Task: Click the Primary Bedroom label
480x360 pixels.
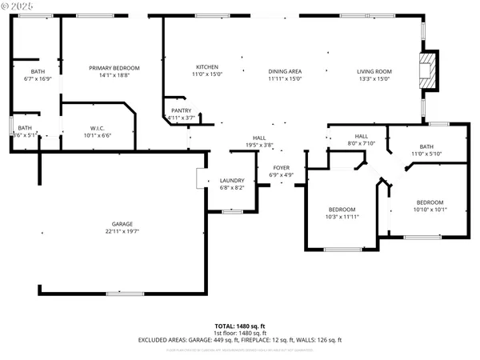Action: pyautogui.click(x=114, y=68)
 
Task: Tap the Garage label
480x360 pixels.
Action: pyautogui.click(x=122, y=223)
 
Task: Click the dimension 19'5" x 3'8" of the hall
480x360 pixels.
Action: pyautogui.click(x=258, y=144)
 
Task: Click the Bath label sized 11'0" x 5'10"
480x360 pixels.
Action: pyautogui.click(x=426, y=146)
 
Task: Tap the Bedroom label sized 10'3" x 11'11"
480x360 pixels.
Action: pyautogui.click(x=342, y=209)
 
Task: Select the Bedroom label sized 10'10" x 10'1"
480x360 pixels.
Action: pyautogui.click(x=430, y=202)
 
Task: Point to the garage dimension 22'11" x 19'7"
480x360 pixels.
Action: pyautogui.click(x=122, y=230)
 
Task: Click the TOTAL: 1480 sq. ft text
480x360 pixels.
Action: pyautogui.click(x=239, y=326)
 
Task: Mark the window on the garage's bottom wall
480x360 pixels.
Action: pyautogui.click(x=123, y=294)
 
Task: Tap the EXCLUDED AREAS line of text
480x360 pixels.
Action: pyautogui.click(x=239, y=340)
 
